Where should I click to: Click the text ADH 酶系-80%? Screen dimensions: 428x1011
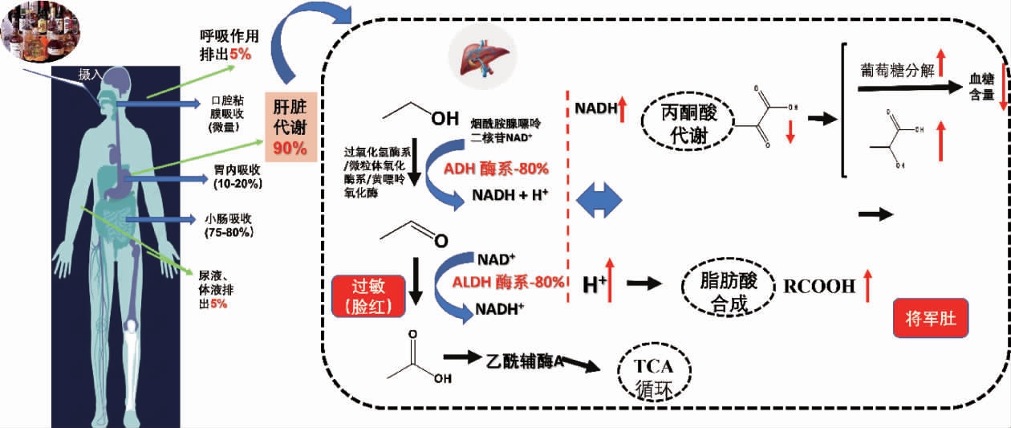click(496, 169)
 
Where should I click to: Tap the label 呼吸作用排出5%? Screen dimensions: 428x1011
click(229, 45)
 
